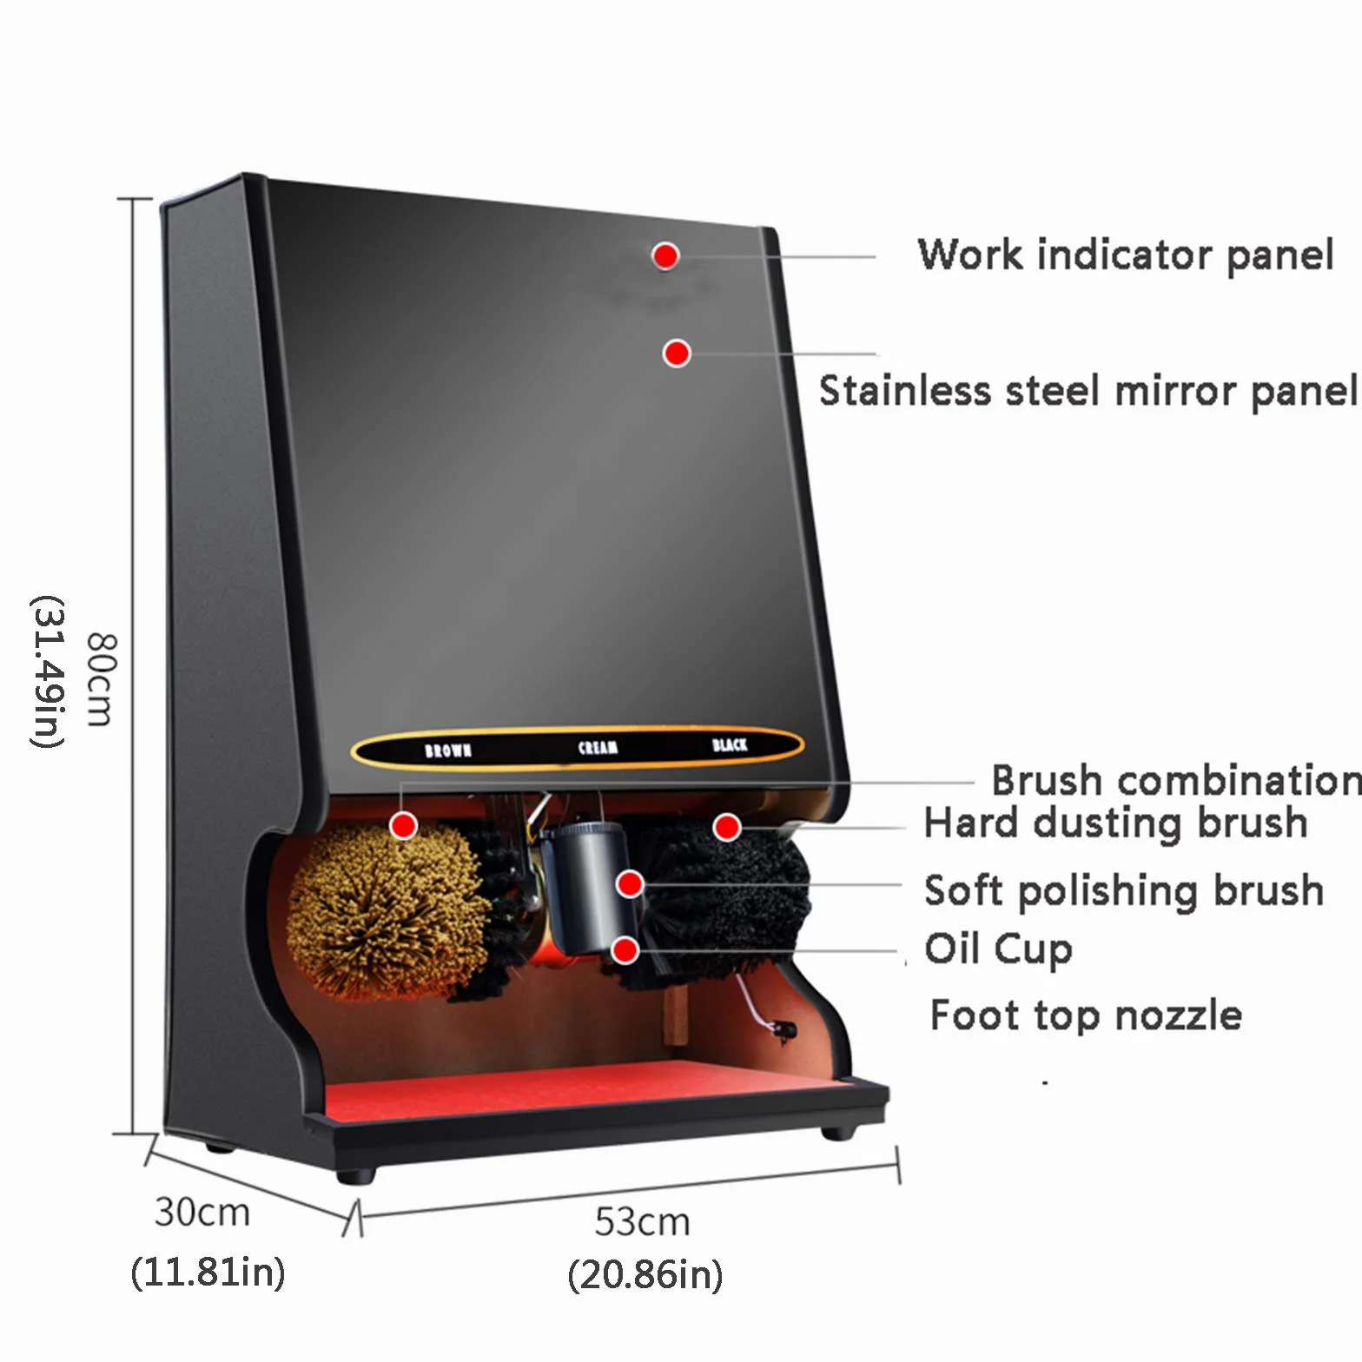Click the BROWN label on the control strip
coord(448,750)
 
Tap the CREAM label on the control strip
coord(598,747)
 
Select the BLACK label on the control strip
coord(730,744)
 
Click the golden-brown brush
coord(387,912)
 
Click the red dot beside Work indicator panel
coord(665,255)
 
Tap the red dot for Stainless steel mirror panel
coord(677,354)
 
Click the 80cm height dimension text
coord(100,679)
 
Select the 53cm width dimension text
coord(643,1222)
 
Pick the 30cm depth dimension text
coord(202,1212)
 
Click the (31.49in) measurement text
coord(47,671)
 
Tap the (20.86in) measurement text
coord(645,1275)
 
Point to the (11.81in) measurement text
coord(208,1273)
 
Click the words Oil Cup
coord(998,949)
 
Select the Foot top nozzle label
coord(1086,1015)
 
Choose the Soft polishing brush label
coord(1124,890)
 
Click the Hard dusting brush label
coord(1115,823)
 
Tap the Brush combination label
coord(1176,780)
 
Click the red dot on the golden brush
coord(403,825)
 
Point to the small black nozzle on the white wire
coord(784,1030)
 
